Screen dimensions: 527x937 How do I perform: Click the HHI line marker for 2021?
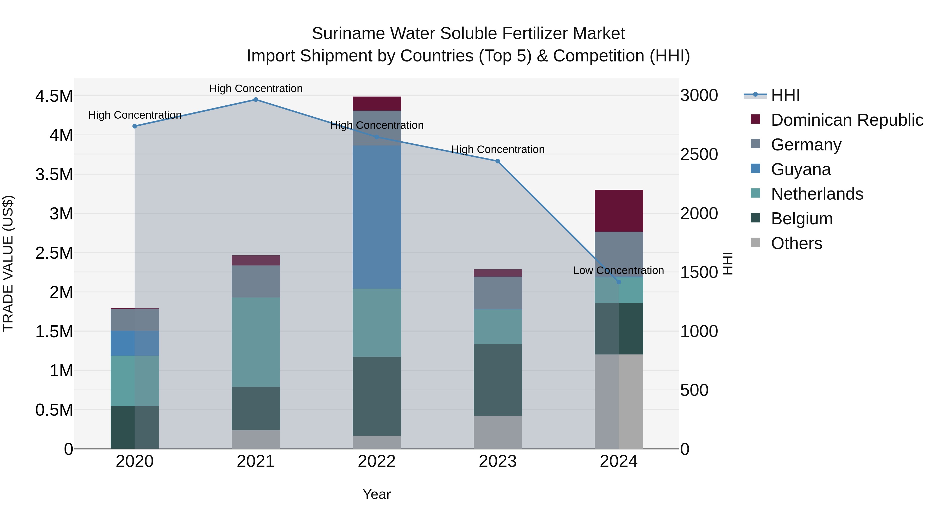click(256, 100)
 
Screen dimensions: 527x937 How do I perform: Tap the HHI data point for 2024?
click(619, 282)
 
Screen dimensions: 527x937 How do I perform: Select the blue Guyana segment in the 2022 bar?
click(377, 217)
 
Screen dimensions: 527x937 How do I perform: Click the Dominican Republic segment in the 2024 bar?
click(619, 211)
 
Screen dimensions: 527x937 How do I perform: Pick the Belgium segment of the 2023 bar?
click(498, 380)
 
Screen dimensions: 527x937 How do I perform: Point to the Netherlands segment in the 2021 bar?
click(256, 342)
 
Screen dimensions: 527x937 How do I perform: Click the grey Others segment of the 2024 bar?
click(619, 402)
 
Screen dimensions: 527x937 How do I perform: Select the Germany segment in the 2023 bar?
click(498, 293)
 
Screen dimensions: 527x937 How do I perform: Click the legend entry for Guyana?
click(800, 169)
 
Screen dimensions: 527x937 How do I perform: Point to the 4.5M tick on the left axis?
click(54, 96)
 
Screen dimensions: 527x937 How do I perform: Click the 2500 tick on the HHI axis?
click(699, 155)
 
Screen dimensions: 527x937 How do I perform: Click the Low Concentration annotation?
click(618, 271)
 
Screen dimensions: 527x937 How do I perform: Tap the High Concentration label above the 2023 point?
click(498, 149)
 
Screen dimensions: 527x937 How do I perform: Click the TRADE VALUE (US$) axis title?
click(8, 263)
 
